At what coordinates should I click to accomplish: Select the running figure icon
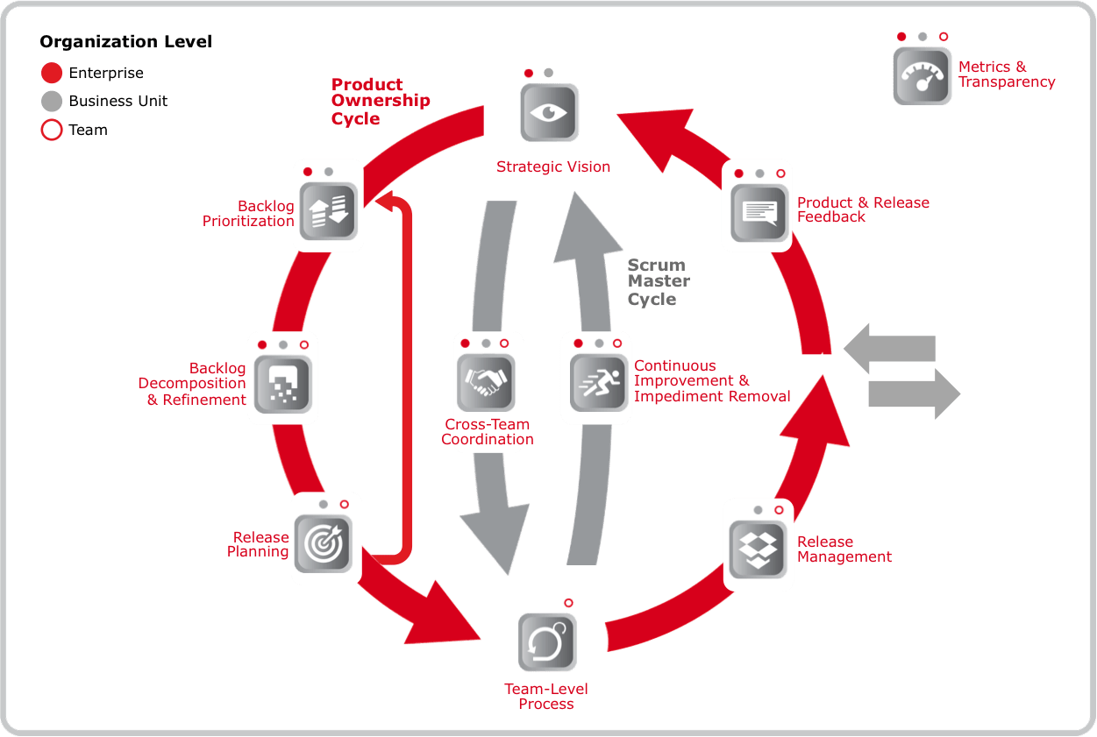tap(595, 382)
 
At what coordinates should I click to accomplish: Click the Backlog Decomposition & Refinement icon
tap(282, 383)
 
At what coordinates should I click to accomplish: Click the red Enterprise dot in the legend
tap(52, 74)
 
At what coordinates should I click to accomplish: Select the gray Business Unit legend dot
tap(52, 102)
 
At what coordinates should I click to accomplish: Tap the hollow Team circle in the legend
tap(52, 131)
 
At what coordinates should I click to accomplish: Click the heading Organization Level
tap(126, 42)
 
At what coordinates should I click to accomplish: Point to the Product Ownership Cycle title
tap(381, 101)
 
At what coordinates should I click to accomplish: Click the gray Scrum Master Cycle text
tap(658, 282)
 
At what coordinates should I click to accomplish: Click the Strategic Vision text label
tap(553, 167)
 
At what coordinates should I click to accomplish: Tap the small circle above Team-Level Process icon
tap(568, 603)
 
